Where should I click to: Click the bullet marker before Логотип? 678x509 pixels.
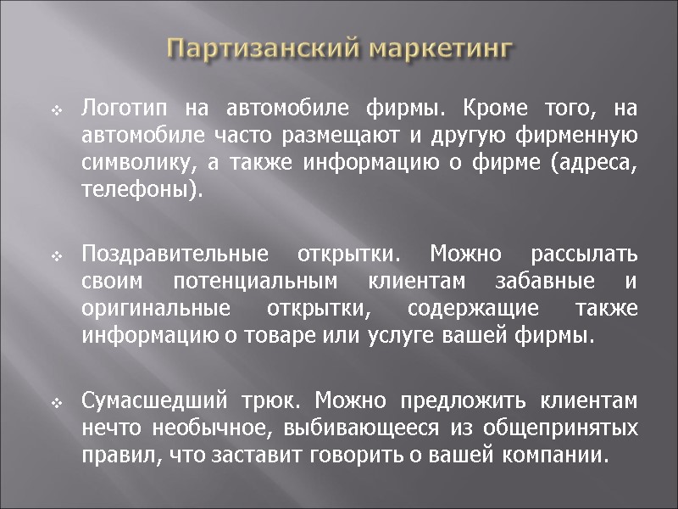[56, 110]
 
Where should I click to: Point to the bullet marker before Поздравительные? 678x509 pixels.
[56, 255]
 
